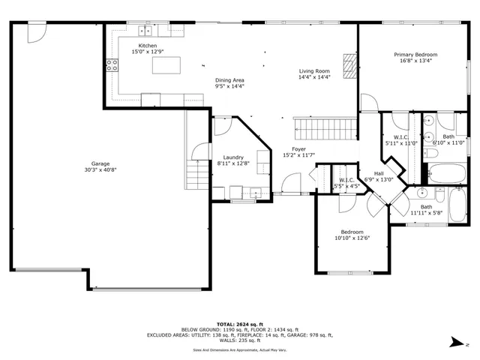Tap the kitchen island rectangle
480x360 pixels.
click(167, 65)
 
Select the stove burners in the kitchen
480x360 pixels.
click(112, 64)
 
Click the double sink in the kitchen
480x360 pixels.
click(144, 31)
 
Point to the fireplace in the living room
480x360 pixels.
click(348, 65)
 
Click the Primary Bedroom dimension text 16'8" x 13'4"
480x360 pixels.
click(416, 61)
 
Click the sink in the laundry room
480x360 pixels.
click(256, 190)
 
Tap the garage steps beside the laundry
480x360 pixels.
click(195, 176)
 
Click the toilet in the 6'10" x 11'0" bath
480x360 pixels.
click(432, 153)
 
